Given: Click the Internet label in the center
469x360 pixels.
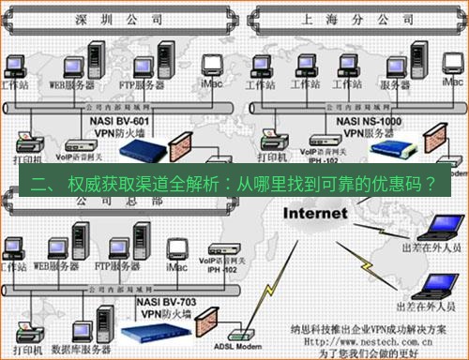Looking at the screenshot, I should click(311, 212).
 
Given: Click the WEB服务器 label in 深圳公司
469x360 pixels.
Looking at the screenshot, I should click(72, 85).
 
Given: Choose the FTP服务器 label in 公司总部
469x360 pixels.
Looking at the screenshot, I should click(117, 267).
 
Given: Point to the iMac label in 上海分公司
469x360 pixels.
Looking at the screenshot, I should click(452, 82).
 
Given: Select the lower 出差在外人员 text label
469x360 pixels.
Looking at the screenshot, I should click(427, 306).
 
